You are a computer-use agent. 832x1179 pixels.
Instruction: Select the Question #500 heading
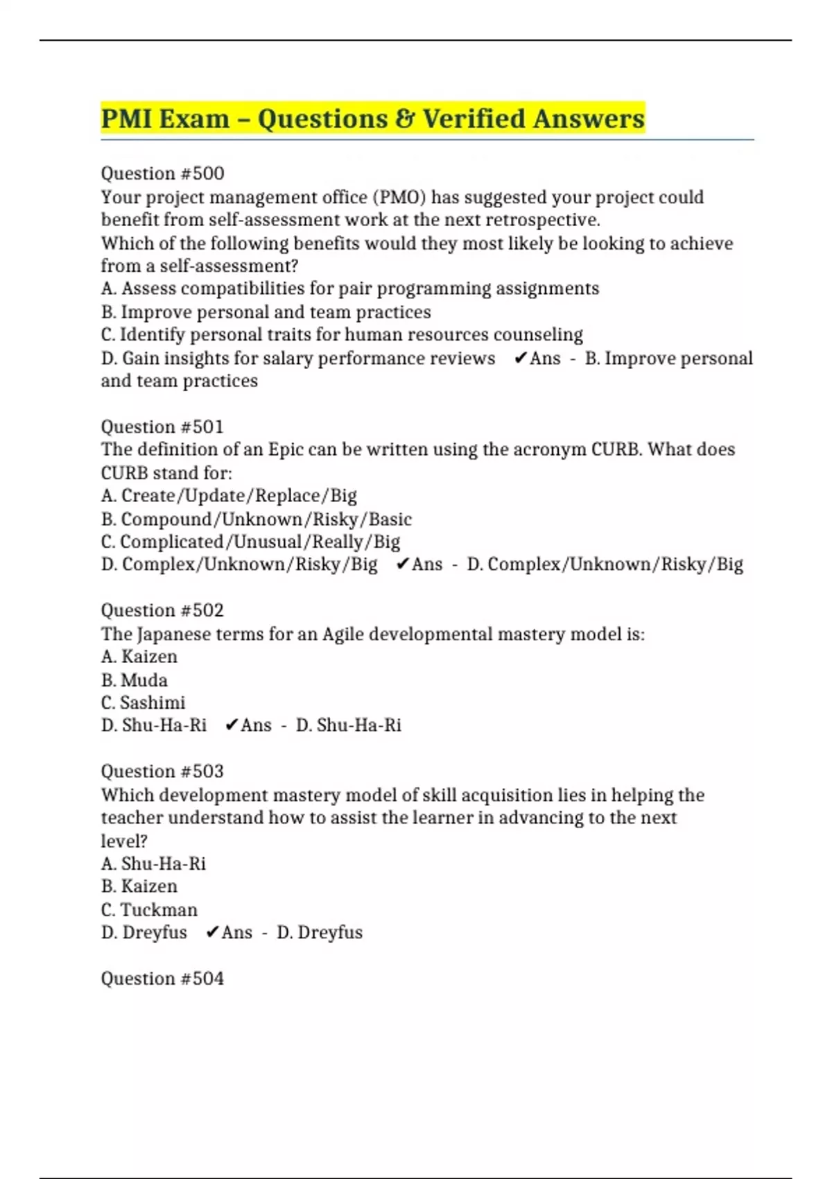(162, 173)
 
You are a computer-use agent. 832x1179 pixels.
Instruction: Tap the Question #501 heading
(162, 427)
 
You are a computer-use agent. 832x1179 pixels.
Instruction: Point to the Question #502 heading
(162, 610)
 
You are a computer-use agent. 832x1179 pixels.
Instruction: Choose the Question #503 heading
(162, 771)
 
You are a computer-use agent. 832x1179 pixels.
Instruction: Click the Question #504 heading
(162, 979)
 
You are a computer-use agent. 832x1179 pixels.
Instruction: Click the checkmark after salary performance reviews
(521, 359)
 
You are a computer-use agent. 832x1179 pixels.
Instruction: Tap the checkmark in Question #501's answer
(403, 565)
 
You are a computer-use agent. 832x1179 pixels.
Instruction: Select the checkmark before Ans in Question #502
(232, 725)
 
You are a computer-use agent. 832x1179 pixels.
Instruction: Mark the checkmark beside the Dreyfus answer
(213, 933)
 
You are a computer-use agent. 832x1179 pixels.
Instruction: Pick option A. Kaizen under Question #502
(139, 657)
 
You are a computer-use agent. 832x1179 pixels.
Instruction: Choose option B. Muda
(134, 680)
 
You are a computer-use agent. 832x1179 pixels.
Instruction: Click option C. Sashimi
(143, 703)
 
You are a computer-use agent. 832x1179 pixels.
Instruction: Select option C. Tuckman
(149, 910)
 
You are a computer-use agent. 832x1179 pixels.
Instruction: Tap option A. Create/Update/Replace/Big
(229, 496)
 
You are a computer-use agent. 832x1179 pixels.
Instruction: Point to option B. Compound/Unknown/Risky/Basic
(257, 519)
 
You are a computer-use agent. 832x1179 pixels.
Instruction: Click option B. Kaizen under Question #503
(139, 886)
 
